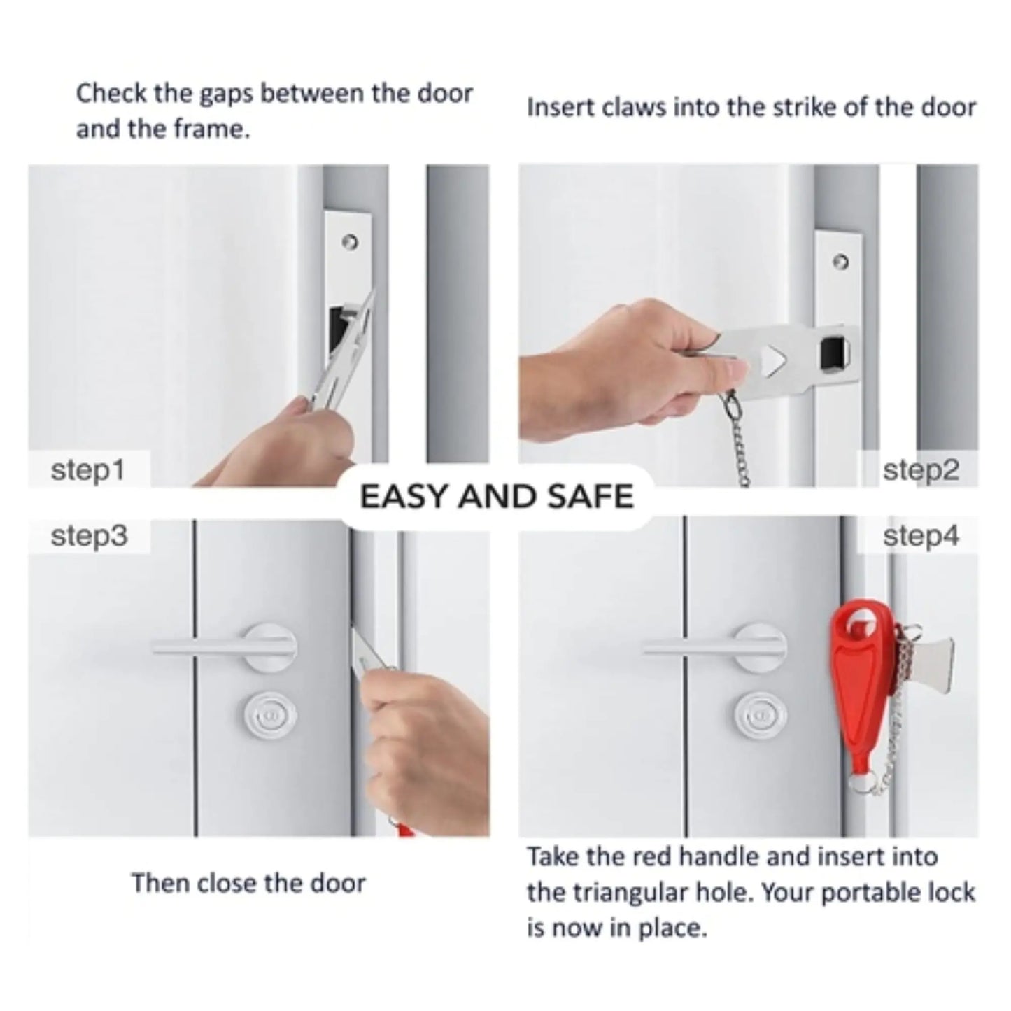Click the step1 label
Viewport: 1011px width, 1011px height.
[87, 470]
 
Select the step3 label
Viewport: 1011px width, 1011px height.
[89, 537]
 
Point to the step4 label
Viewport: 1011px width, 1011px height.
[920, 537]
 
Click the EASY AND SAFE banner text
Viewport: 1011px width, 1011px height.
[496, 497]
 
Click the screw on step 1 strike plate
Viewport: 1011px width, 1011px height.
[351, 242]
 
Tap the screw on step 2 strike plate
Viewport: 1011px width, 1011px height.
[842, 262]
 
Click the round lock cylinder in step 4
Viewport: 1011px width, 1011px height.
[760, 716]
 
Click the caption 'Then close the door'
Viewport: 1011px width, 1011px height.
[248, 883]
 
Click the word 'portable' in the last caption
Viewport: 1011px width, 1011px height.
[868, 893]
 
